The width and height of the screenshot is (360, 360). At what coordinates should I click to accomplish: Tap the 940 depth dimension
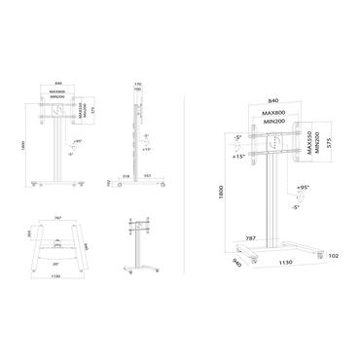pos(235,262)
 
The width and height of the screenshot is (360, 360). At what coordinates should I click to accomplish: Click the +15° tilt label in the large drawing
pos(237,156)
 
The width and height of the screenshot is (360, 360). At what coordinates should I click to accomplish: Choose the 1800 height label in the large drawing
pos(223,194)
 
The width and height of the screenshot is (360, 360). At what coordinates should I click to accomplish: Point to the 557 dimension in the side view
pos(146,175)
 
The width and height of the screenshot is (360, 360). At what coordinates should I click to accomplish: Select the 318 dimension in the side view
pos(126,175)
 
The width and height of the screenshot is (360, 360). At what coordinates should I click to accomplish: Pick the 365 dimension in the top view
pos(28,234)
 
